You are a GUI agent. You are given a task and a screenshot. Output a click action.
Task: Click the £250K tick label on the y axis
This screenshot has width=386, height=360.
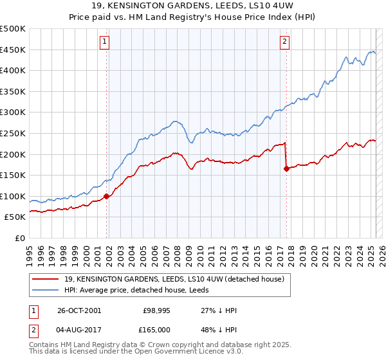tap(13, 133)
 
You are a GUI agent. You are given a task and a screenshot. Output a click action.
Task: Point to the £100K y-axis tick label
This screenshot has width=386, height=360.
tap(13, 196)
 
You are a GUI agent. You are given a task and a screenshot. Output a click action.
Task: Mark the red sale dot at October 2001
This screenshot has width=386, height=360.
tap(107, 197)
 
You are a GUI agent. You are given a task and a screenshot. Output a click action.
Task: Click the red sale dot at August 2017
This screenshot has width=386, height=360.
tap(286, 169)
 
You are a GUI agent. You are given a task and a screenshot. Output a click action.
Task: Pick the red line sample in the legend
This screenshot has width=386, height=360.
tap(46, 278)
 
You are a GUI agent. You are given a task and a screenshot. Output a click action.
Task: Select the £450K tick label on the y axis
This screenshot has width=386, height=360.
tap(13, 50)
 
